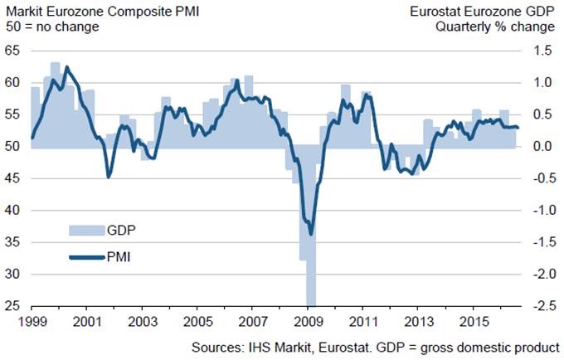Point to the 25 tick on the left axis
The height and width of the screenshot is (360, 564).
click(13, 305)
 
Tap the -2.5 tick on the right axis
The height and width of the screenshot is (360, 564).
click(541, 305)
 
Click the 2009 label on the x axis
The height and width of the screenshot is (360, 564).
click(309, 319)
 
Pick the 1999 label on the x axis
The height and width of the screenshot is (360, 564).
click(32, 319)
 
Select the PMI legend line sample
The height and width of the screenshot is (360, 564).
click(81, 258)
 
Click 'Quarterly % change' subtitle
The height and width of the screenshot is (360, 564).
click(504, 26)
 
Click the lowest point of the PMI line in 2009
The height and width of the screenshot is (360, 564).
click(311, 234)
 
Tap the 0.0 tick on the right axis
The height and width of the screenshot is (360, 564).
click(542, 146)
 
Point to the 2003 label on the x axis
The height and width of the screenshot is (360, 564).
click(142, 319)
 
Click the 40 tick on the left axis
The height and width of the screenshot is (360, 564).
click(13, 210)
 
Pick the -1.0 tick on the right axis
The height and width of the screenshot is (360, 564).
click(541, 210)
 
